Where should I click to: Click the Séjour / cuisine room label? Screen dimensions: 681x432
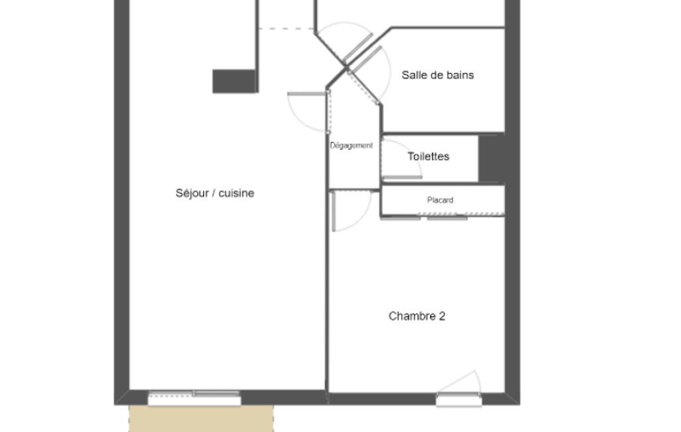[215, 193]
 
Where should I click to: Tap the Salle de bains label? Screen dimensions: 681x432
[438, 75]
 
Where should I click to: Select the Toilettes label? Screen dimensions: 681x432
[429, 156]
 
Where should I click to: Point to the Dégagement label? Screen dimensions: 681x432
[351, 146]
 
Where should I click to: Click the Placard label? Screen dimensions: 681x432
[440, 200]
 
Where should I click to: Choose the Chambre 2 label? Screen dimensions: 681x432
[417, 316]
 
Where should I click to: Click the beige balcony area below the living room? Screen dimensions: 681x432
[201, 419]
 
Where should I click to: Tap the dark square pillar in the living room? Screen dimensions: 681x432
[234, 81]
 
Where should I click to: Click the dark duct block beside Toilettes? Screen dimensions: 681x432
[491, 158]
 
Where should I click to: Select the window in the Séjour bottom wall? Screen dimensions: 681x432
[195, 398]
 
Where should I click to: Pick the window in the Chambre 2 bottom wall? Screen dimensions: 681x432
[459, 399]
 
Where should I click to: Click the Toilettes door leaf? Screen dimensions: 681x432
[402, 177]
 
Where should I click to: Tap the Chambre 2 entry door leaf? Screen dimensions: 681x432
[333, 211]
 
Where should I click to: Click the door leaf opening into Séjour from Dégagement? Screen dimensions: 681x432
[307, 94]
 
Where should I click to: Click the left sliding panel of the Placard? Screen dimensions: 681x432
[401, 218]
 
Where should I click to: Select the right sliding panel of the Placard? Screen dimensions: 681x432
[447, 218]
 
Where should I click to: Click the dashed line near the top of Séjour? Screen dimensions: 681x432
[286, 29]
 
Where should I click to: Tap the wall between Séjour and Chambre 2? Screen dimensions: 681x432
[327, 290]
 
